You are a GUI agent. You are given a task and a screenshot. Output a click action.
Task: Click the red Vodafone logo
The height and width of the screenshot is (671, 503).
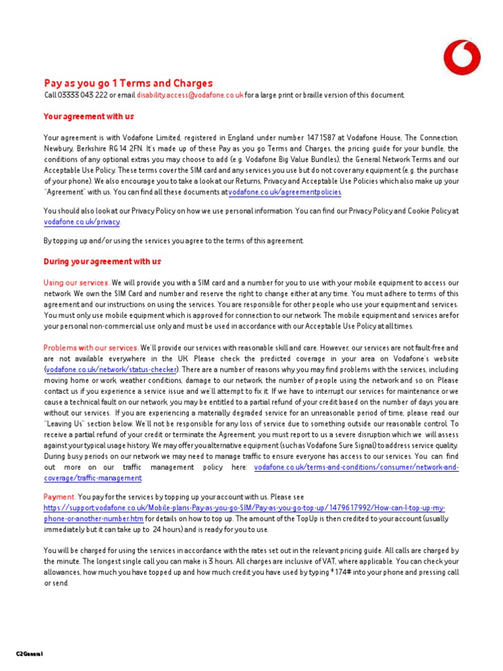tap(462, 57)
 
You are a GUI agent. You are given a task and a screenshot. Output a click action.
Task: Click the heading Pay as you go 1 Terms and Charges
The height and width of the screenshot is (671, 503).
tap(128, 83)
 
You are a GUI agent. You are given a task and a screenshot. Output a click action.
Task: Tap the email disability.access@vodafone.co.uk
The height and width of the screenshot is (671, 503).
tap(190, 95)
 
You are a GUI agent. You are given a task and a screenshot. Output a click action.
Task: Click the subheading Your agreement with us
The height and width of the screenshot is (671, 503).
tap(88, 117)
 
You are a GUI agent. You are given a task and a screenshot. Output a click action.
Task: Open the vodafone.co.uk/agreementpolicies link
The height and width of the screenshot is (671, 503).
tap(285, 192)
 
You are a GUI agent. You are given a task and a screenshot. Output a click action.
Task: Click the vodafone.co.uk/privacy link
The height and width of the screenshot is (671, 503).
tap(82, 222)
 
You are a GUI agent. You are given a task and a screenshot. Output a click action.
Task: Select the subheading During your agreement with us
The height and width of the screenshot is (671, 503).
tap(102, 261)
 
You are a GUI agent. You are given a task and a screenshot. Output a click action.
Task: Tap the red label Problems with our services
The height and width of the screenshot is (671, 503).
tap(91, 347)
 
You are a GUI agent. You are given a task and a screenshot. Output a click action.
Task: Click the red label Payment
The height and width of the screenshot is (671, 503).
tap(60, 497)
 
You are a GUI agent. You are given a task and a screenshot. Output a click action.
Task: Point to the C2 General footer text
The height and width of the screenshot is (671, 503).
tap(29, 654)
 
